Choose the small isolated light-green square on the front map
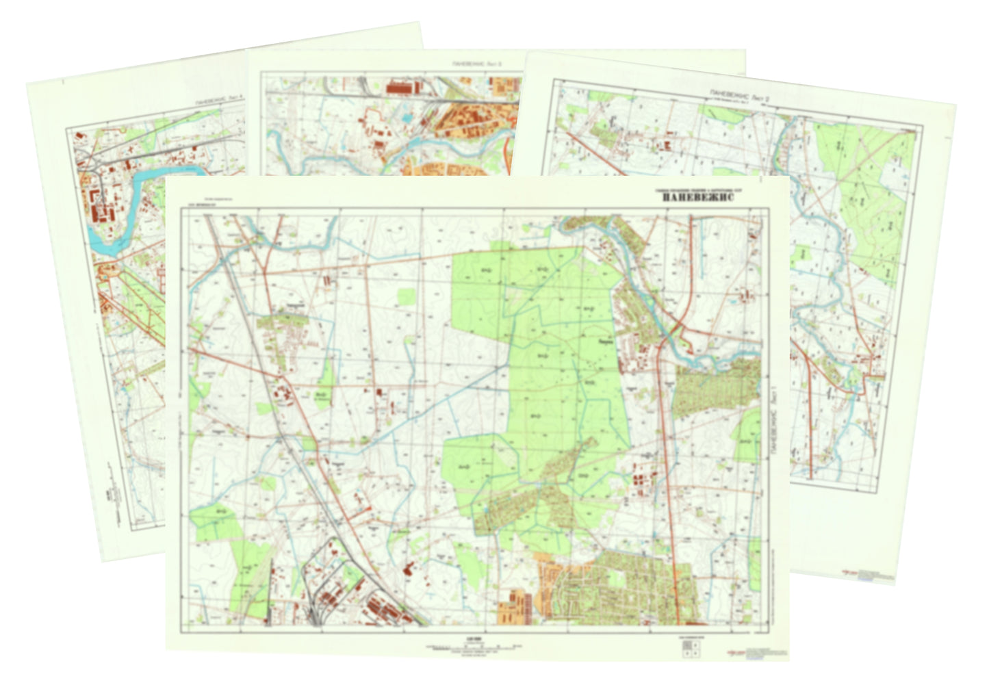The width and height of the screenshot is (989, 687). [x=406, y=296]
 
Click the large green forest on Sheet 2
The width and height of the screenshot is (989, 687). [x=876, y=192]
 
